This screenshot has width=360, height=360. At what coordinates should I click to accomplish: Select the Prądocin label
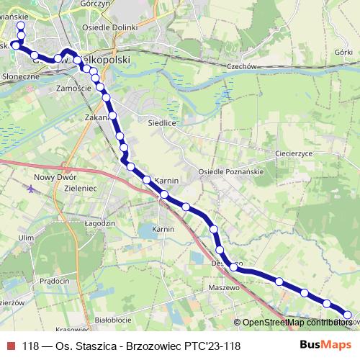[55, 280]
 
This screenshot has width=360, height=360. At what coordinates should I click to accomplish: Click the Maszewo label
[223, 287]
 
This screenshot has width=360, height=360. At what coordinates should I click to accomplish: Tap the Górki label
[344, 53]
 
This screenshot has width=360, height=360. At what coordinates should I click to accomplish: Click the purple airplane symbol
[30, 189]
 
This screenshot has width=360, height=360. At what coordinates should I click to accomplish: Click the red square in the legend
[11, 346]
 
